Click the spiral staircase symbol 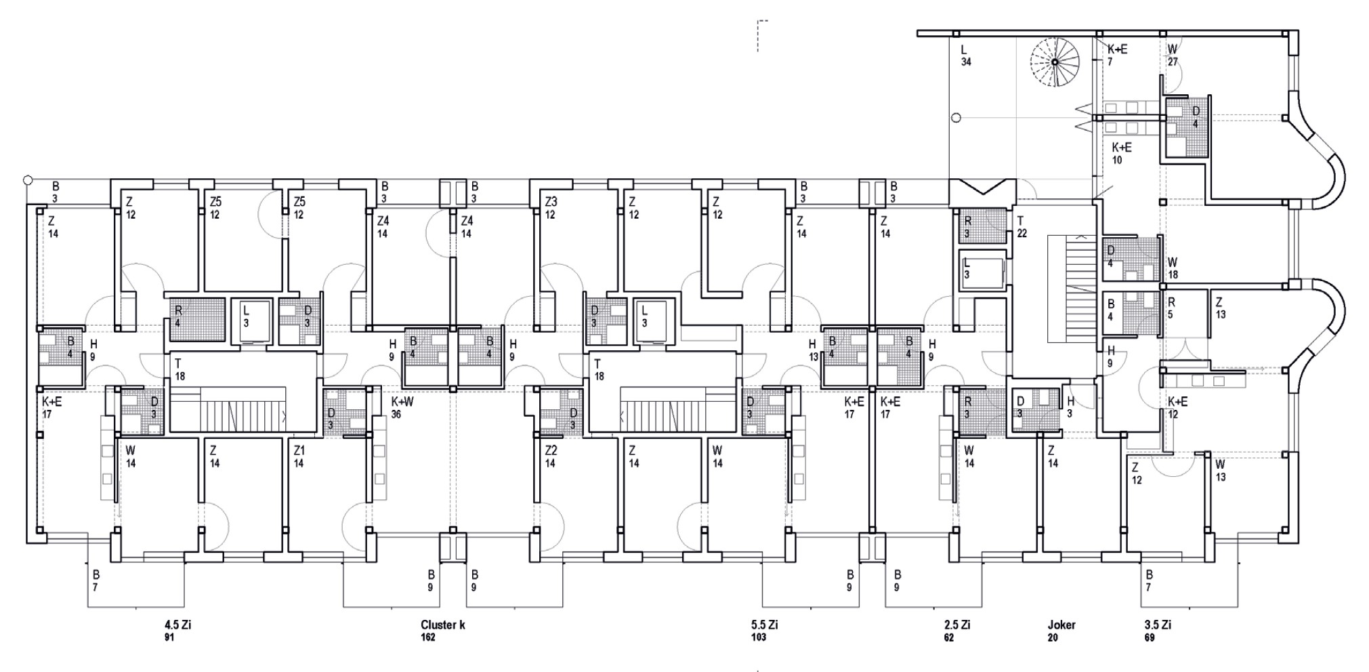(1055, 62)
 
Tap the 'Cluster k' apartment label (442, 625)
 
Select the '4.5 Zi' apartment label (177, 625)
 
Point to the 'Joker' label (1061, 625)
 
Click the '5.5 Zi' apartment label (764, 625)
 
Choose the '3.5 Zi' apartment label (1157, 625)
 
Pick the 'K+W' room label (402, 402)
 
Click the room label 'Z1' (299, 450)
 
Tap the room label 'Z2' (551, 450)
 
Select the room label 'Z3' (551, 202)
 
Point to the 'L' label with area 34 (965, 49)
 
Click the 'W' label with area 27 (1173, 49)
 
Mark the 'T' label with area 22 (1020, 221)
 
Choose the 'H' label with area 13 (813, 345)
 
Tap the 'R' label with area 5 (1171, 302)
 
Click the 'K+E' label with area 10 (1122, 148)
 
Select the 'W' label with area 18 (1173, 263)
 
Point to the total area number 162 (427, 638)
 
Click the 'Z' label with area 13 (1220, 302)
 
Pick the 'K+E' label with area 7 (1117, 49)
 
